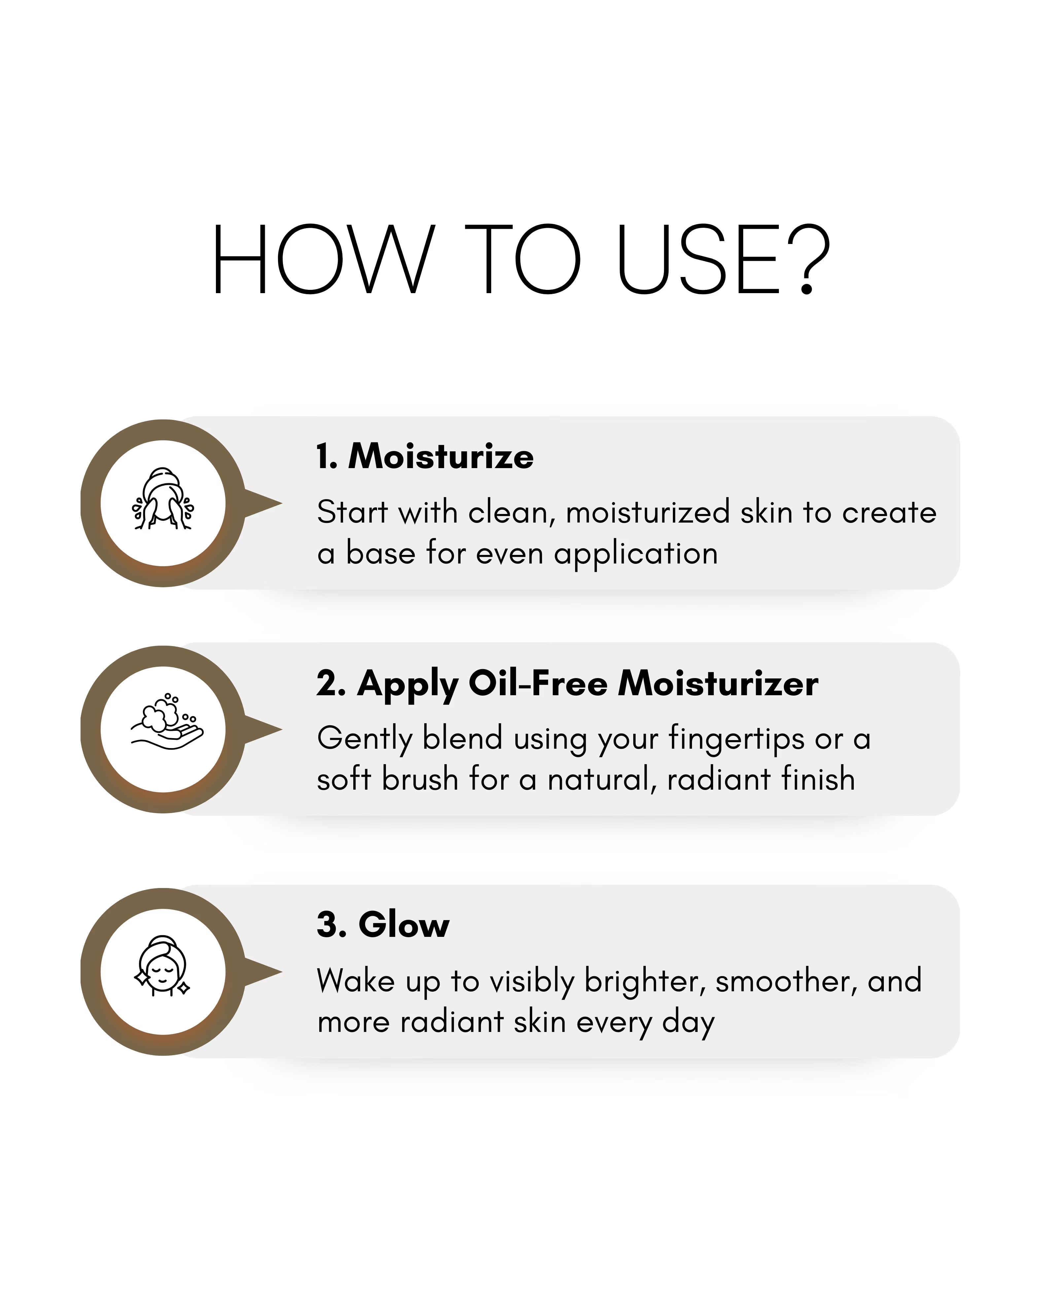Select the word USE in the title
coord(699,259)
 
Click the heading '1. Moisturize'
coord(425,457)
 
